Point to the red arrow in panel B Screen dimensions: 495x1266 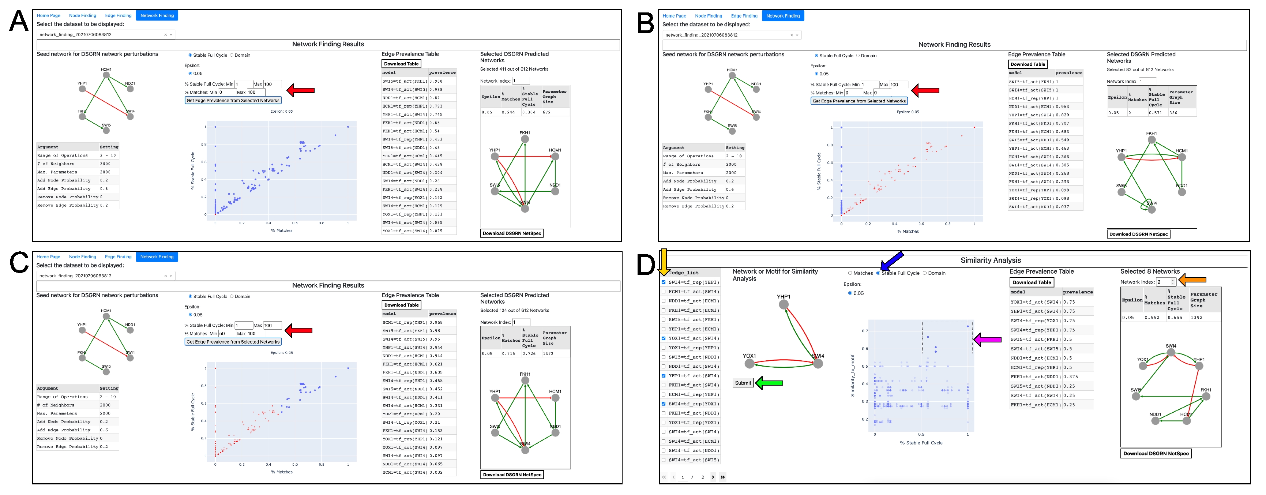coord(925,90)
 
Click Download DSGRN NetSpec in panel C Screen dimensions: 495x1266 coord(512,475)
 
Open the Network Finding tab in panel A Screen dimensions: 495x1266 coord(157,16)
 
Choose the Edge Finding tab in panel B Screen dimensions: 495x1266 coord(744,16)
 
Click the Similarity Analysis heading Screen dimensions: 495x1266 coord(990,260)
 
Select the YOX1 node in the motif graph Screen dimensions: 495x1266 coord(750,364)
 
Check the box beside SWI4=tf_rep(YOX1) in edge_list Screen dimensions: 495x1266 coord(664,404)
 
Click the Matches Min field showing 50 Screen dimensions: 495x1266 coord(228,334)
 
